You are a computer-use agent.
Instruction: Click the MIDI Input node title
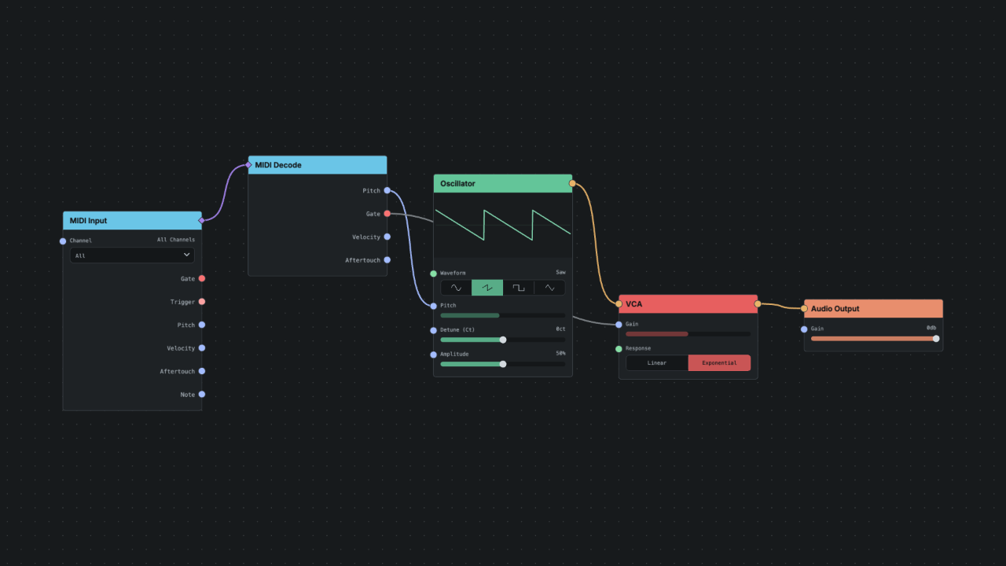[x=88, y=221]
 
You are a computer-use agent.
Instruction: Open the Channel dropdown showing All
[x=132, y=255]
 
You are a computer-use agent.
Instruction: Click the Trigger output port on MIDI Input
[x=202, y=301]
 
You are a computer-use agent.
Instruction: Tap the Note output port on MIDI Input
[x=202, y=395]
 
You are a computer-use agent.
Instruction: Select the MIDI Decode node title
[x=278, y=165]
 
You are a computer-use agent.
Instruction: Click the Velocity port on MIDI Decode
[x=387, y=237]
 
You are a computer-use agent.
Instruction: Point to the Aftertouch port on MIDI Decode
[x=387, y=259]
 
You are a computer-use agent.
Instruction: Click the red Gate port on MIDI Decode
[x=387, y=214]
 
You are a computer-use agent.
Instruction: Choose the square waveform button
[x=518, y=288]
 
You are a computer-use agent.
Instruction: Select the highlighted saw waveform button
[x=487, y=288]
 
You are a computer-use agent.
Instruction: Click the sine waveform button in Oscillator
[x=456, y=288]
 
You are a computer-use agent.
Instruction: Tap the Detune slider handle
[x=503, y=340]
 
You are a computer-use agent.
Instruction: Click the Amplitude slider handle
[x=503, y=364]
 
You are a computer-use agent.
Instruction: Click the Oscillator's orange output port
[x=572, y=183]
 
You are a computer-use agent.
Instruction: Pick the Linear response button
[x=656, y=363]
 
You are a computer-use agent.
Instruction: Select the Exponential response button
[x=719, y=363]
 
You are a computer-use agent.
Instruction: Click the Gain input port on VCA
[x=619, y=325]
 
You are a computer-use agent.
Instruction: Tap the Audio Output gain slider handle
[x=936, y=339]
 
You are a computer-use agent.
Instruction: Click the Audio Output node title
[x=835, y=309]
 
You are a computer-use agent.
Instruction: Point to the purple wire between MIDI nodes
[x=225, y=193]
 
